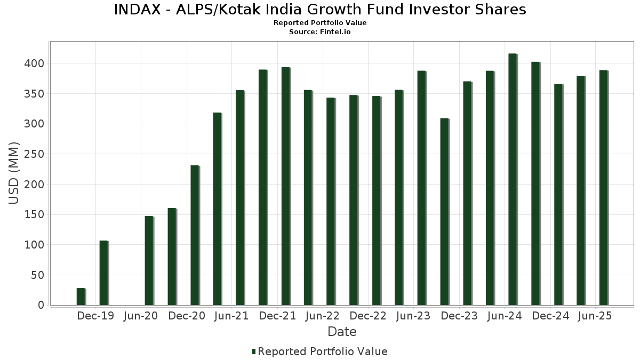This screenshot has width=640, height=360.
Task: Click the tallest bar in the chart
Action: point(513,179)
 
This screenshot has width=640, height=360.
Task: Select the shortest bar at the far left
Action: point(81,297)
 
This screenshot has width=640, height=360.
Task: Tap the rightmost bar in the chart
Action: point(603,188)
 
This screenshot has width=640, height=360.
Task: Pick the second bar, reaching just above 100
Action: point(103,273)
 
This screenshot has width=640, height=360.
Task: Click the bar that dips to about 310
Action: point(444,212)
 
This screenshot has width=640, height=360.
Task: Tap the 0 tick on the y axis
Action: point(41,306)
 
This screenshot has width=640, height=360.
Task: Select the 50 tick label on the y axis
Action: point(37,276)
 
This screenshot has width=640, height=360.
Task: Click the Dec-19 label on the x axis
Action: point(95,316)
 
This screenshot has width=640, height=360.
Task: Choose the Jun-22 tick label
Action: point(322,316)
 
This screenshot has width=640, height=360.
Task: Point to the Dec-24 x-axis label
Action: point(551,316)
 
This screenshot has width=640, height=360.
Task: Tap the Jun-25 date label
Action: point(595,316)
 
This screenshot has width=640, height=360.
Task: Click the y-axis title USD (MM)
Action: point(14,173)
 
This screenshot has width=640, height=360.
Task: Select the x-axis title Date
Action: point(342,332)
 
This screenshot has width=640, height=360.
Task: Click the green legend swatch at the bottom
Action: point(254,351)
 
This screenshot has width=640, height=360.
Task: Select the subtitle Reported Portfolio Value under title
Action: point(320,23)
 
